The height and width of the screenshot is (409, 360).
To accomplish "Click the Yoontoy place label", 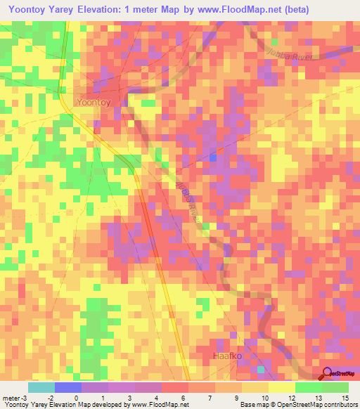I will (93, 102).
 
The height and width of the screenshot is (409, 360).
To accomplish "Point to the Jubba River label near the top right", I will (288, 50).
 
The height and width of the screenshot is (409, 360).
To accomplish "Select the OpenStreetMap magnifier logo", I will (328, 374).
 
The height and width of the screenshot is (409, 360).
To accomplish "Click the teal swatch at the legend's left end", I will (41, 387).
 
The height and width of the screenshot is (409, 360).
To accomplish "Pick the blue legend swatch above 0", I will (67, 387).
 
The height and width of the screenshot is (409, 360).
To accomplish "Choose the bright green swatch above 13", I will (308, 387).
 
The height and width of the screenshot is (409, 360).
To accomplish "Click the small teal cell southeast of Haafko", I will (262, 370).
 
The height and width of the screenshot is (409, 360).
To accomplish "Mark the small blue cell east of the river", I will (213, 158).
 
